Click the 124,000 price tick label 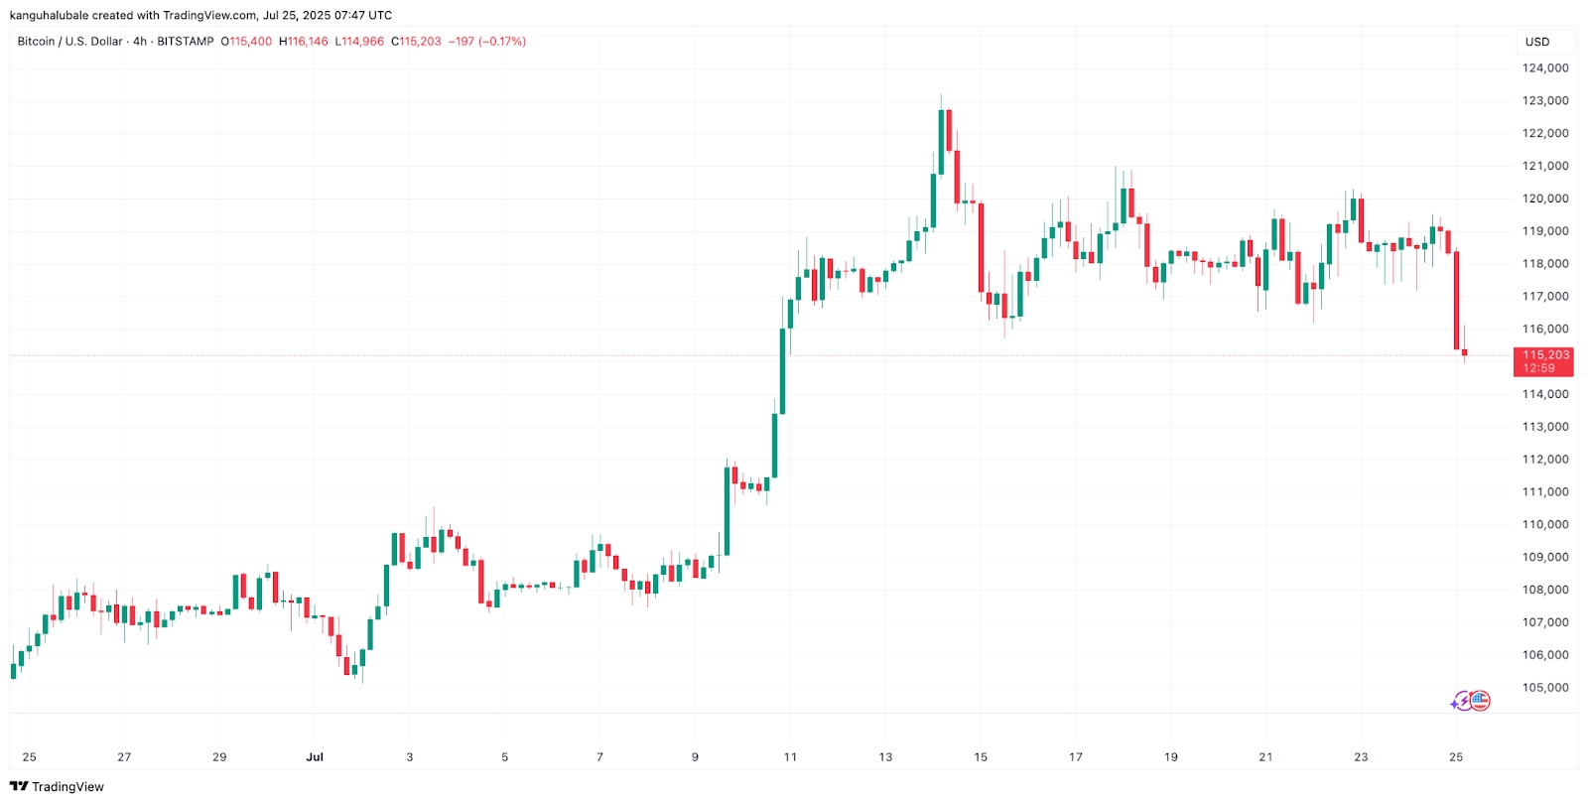(1545, 68)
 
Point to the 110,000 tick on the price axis (1545, 525)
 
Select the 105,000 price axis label (1545, 688)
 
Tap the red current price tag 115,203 (1543, 355)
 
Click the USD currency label (1537, 42)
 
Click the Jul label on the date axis (315, 757)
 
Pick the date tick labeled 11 (790, 757)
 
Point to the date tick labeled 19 (1171, 757)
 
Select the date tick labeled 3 (410, 757)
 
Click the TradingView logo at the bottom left (57, 787)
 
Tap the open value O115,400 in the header (246, 42)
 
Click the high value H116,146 (304, 42)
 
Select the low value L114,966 (359, 42)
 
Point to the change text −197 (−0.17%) (487, 42)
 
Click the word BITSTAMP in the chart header (186, 42)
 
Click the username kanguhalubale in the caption (49, 16)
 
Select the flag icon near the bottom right (1480, 701)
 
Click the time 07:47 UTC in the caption (358, 16)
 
